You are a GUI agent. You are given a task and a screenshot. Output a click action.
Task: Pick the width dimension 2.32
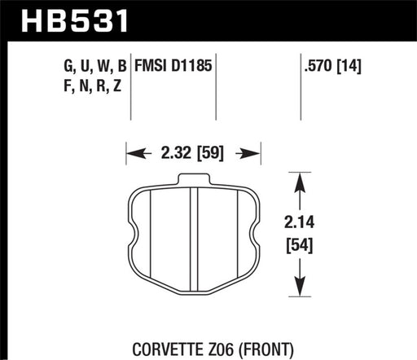[x=177, y=151]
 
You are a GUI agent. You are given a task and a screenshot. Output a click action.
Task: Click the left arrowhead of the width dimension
[x=131, y=151]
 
